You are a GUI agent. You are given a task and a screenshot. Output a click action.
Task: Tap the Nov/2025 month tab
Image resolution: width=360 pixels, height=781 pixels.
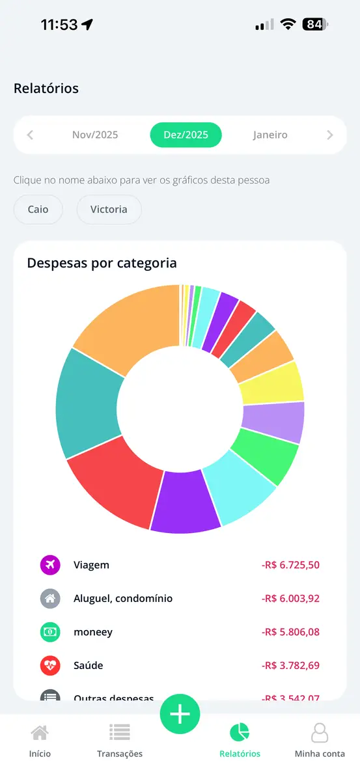pyautogui.click(x=95, y=135)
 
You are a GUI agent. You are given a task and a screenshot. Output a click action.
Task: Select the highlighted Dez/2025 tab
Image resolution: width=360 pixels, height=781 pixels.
pyautogui.click(x=186, y=135)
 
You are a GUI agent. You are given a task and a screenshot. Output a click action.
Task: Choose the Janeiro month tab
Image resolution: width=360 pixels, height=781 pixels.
pyautogui.click(x=270, y=135)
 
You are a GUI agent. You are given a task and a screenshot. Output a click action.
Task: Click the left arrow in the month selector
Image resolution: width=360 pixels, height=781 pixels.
pyautogui.click(x=30, y=135)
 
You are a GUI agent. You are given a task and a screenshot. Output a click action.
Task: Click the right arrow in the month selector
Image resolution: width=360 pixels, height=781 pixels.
pyautogui.click(x=329, y=135)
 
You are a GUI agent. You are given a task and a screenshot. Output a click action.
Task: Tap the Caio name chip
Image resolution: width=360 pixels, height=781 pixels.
pyautogui.click(x=38, y=210)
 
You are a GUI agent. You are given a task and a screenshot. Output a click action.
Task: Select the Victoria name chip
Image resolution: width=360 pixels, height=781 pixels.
pyautogui.click(x=109, y=210)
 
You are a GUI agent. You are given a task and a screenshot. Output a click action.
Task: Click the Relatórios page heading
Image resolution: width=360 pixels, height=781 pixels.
pyautogui.click(x=46, y=89)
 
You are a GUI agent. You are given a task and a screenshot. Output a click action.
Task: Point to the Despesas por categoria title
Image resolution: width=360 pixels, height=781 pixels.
pyautogui.click(x=102, y=263)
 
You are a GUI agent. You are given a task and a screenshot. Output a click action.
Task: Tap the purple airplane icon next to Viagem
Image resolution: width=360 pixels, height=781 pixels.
pyautogui.click(x=50, y=565)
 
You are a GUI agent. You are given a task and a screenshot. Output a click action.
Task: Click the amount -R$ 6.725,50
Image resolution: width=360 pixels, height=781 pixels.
pyautogui.click(x=290, y=565)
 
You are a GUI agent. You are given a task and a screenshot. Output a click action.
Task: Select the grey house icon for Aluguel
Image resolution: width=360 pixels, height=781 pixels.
pyautogui.click(x=50, y=598)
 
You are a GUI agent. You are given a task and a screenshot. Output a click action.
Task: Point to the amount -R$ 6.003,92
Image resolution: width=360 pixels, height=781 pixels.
pyautogui.click(x=290, y=598)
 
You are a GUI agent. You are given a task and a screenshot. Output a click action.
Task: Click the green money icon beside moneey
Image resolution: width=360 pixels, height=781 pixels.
pyautogui.click(x=50, y=632)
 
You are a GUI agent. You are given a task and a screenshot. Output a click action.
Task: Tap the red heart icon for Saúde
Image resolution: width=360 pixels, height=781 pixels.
pyautogui.click(x=50, y=665)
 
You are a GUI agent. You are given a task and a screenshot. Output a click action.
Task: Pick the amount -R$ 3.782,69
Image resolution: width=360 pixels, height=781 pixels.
pyautogui.click(x=290, y=665)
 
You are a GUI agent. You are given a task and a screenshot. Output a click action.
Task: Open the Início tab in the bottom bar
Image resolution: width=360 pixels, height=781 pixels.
pyautogui.click(x=40, y=740)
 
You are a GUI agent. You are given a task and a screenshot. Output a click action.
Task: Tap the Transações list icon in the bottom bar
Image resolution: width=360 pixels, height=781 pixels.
pyautogui.click(x=120, y=733)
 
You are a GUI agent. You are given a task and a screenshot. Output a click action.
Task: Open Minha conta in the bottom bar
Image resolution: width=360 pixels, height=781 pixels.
pyautogui.click(x=320, y=740)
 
